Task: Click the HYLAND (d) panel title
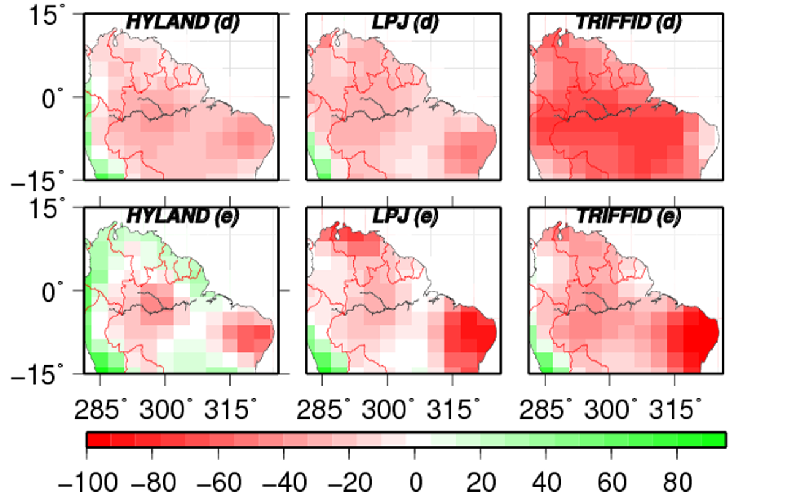(x=183, y=23)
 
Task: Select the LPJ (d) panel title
(x=405, y=23)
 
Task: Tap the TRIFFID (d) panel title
(x=629, y=23)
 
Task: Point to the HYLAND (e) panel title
(x=183, y=216)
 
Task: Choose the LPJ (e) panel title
(x=405, y=216)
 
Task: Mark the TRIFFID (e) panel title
(x=629, y=216)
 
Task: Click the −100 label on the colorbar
(x=88, y=482)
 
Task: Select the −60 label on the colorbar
(x=219, y=482)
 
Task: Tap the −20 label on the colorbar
(x=350, y=482)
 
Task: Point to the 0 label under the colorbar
(x=416, y=482)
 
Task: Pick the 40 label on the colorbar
(x=546, y=482)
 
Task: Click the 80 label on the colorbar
(x=678, y=482)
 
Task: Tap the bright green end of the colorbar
(x=713, y=439)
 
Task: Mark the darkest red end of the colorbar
(x=99, y=439)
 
